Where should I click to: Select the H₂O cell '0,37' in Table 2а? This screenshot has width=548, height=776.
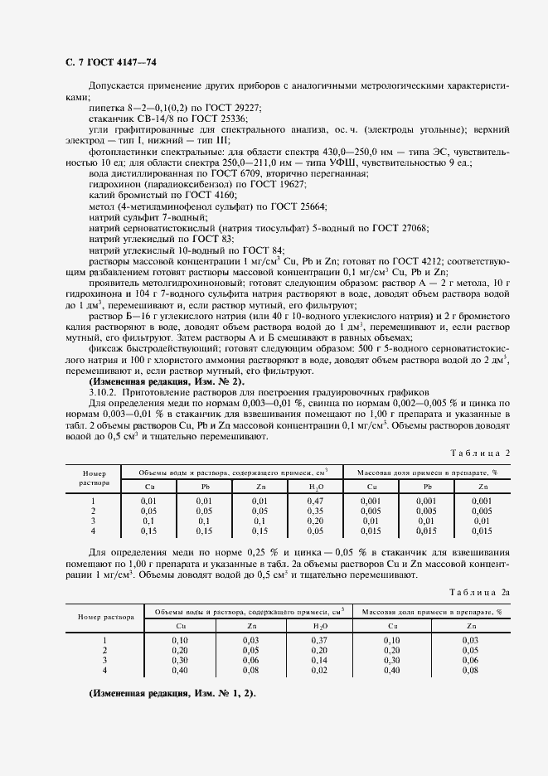click(x=319, y=641)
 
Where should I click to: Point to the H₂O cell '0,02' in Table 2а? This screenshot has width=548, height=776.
click(x=319, y=671)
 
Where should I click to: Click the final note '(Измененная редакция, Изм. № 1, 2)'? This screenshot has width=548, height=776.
click(x=172, y=692)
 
